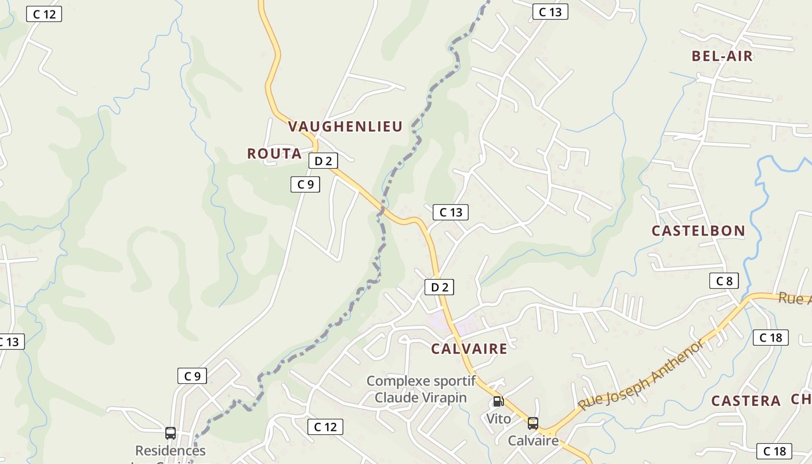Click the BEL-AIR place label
point(722,56)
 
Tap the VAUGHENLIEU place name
point(345,127)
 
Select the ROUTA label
point(274,154)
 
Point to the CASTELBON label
point(698,231)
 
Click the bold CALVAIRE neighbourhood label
point(469,349)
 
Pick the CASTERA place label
point(746,401)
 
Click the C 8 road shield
point(724,281)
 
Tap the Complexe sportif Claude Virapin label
point(421,389)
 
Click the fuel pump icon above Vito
point(498,401)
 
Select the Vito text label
point(499,419)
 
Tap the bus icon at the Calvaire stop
point(532,423)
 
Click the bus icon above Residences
point(171,433)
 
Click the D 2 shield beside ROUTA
point(323,161)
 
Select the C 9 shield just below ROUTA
point(305,184)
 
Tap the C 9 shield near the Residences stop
point(192,376)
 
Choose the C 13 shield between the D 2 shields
point(451,212)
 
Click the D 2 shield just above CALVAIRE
point(439,287)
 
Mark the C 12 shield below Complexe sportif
point(325,427)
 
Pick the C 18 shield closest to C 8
point(771,338)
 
